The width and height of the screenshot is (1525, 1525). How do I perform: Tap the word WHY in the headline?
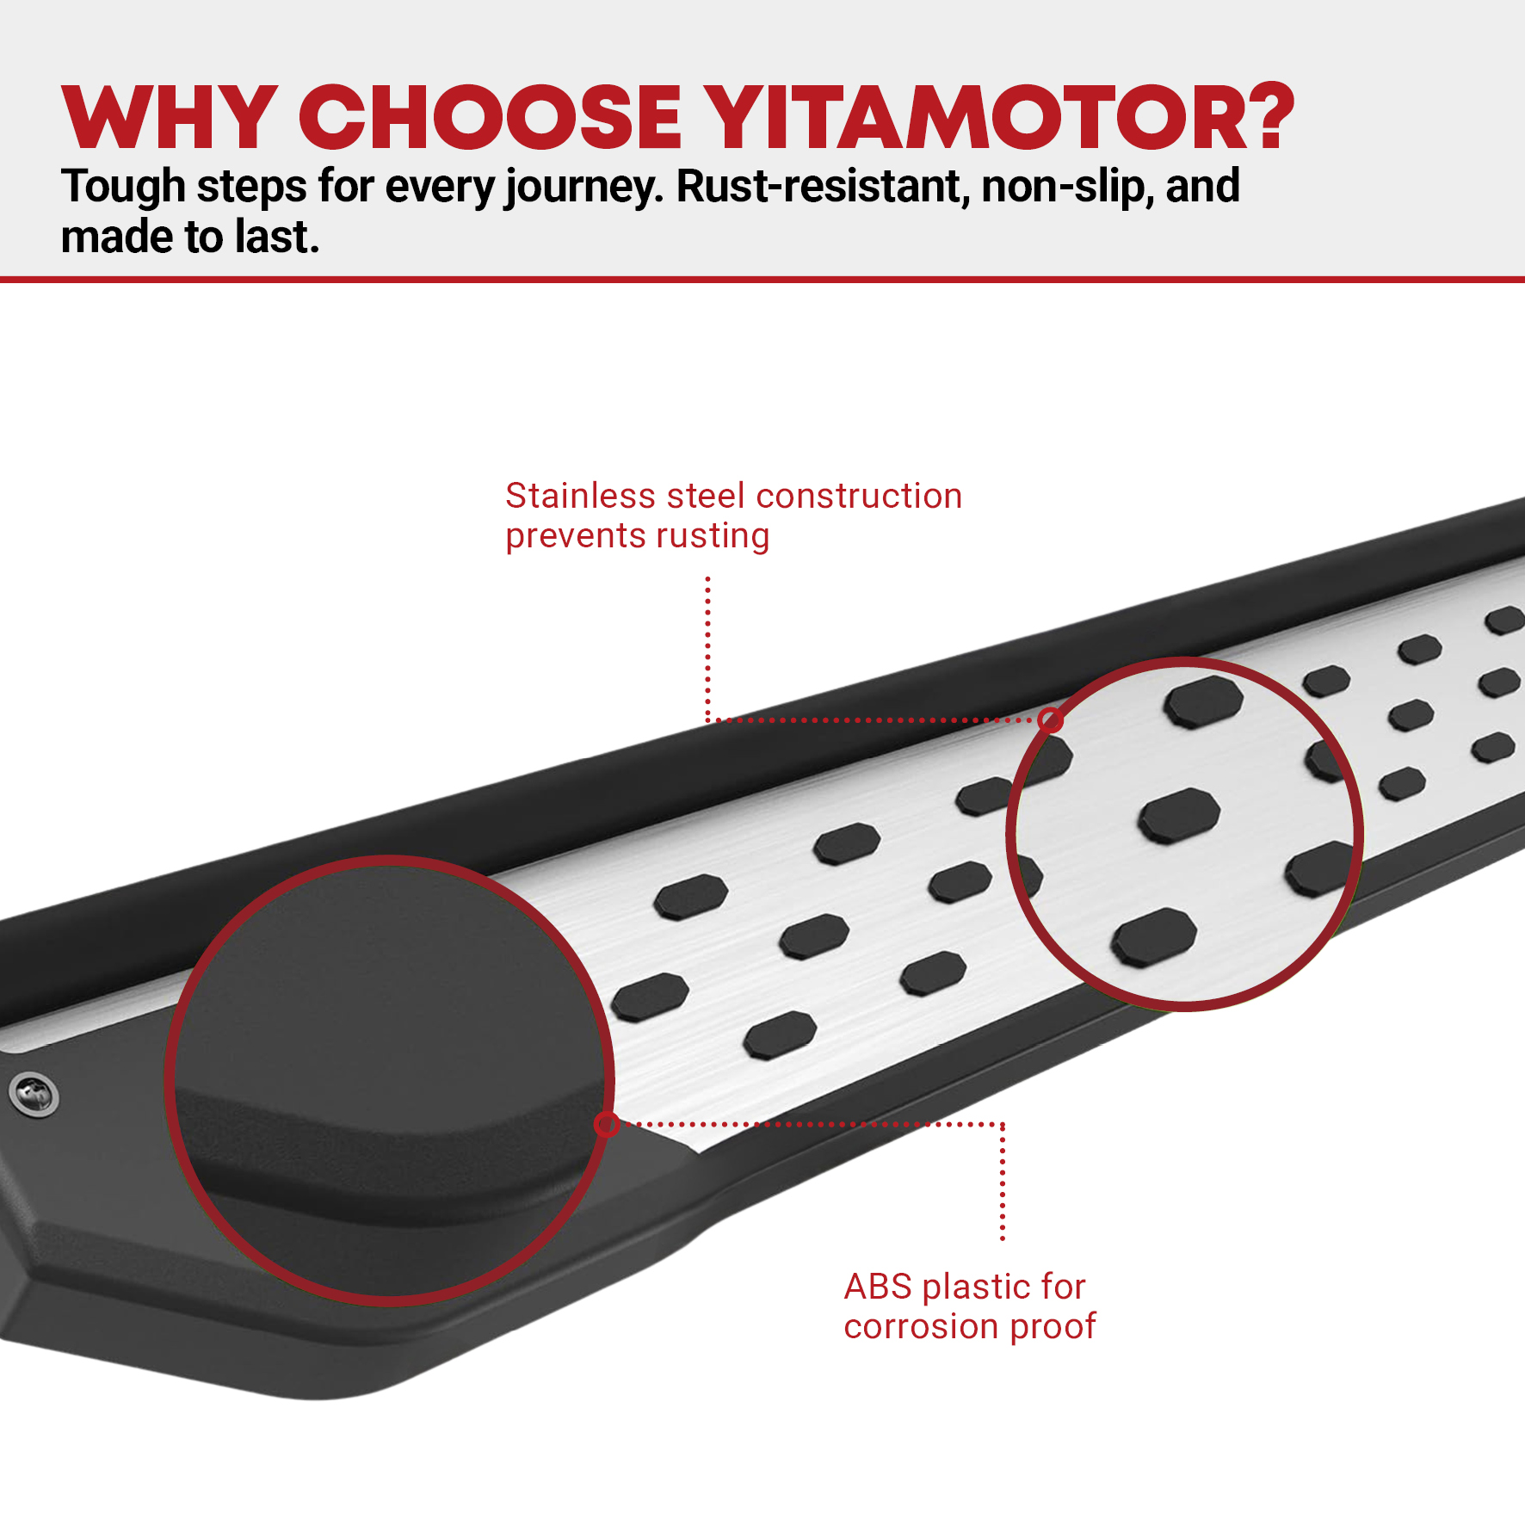(170, 117)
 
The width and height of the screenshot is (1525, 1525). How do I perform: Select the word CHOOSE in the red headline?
(490, 117)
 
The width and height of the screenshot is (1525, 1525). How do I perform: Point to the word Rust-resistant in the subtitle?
(823, 187)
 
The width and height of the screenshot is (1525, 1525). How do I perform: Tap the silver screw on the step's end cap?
(34, 1094)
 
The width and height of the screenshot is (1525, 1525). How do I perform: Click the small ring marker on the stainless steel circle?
(1050, 719)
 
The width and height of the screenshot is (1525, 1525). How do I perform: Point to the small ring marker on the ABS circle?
(607, 1124)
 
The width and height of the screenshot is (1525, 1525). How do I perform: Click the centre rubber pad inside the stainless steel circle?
(1179, 814)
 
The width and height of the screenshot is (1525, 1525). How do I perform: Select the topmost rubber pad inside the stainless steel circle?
(1203, 701)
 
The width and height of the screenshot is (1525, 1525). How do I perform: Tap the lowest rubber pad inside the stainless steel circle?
(1154, 936)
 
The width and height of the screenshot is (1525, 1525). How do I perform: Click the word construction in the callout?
(859, 497)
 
